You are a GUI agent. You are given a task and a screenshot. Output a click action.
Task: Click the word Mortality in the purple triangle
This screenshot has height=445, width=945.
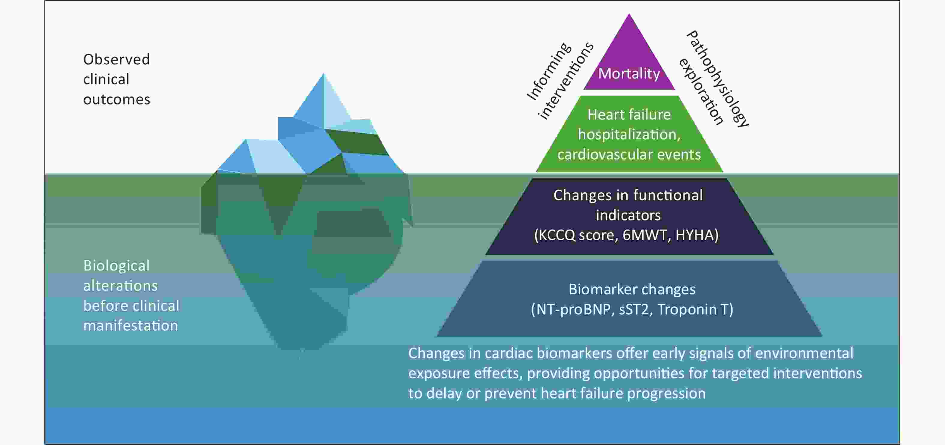[x=629, y=74]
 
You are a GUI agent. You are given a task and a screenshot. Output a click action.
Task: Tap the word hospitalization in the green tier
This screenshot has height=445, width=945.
[x=629, y=135]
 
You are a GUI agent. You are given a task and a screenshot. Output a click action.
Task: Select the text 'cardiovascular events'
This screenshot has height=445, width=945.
[x=629, y=155]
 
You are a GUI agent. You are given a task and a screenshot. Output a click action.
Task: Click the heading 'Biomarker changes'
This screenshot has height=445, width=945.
[x=632, y=289]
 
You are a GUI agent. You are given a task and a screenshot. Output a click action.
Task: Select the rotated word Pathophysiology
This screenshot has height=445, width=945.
[x=717, y=79]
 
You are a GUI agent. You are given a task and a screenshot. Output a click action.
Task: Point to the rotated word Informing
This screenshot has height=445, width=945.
[x=549, y=72]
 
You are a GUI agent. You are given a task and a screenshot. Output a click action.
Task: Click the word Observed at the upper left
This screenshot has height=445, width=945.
[x=116, y=59]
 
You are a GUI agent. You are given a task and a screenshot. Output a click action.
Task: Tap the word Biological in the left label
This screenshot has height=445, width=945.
[x=116, y=266]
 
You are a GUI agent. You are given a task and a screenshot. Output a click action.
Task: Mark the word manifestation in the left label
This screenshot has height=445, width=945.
[x=130, y=326]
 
